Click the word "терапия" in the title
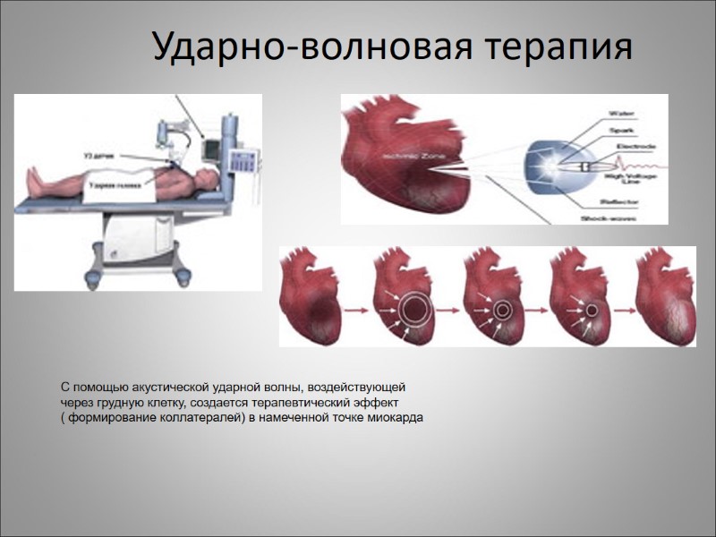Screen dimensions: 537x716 click(x=558, y=47)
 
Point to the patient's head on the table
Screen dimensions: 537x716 click(x=208, y=172)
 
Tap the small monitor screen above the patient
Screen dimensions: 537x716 click(x=212, y=144)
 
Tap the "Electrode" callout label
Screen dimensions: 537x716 click(x=637, y=146)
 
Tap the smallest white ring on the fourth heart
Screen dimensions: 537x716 click(x=592, y=311)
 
